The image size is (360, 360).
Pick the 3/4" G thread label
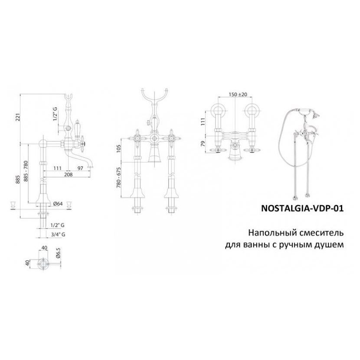pyautogui.click(x=58, y=234)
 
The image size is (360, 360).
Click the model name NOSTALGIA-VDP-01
pyautogui.click(x=302, y=208)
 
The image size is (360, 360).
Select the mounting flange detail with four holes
pyautogui.click(x=43, y=263)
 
